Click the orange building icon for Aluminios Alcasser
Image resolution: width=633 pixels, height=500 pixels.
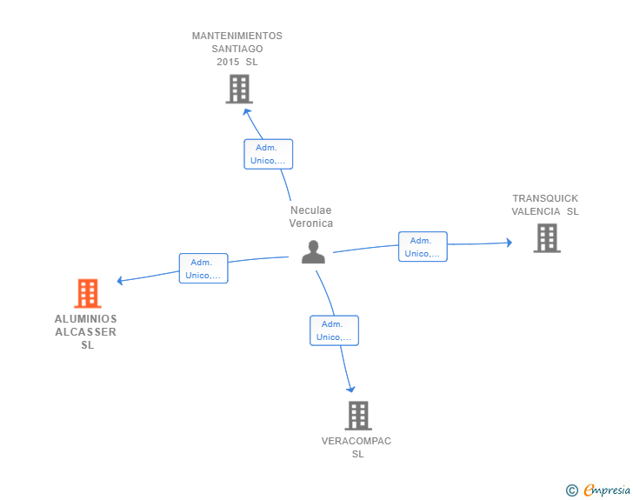click(88, 293)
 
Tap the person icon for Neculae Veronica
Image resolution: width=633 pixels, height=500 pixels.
click(313, 252)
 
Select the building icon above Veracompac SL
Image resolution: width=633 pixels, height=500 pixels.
click(358, 416)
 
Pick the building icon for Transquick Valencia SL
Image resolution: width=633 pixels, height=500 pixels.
click(547, 238)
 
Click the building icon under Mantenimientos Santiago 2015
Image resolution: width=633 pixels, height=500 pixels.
click(239, 89)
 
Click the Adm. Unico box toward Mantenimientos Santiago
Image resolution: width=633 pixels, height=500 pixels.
click(269, 154)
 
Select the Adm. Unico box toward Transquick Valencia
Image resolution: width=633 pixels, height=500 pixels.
click(423, 246)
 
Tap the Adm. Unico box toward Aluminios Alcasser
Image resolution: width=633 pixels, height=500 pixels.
click(203, 268)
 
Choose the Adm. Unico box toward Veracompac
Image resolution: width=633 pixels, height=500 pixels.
click(334, 330)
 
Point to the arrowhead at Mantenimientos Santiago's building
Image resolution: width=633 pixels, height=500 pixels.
click(246, 111)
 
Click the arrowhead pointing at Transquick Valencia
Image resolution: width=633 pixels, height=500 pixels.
click(510, 243)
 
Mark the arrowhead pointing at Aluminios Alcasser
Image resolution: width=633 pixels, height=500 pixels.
click(119, 280)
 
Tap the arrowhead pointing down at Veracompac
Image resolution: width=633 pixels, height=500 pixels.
click(350, 389)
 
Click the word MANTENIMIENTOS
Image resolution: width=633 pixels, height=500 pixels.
click(237, 36)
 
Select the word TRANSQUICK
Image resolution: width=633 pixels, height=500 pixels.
click(545, 198)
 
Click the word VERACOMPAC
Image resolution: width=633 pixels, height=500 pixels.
click(356, 441)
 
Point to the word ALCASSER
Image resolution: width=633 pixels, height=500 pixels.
click(85, 332)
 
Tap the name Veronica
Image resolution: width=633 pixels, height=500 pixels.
click(311, 223)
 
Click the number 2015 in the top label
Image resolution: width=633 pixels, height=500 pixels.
click(228, 62)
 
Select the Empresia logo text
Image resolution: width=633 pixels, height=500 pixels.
click(607, 490)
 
